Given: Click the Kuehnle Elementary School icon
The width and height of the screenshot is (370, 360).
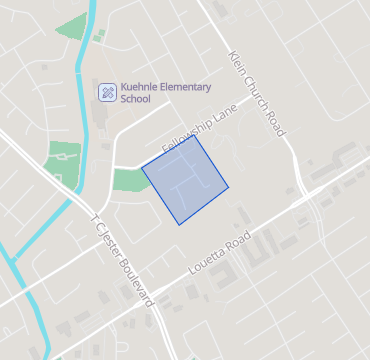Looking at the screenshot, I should tap(106, 92).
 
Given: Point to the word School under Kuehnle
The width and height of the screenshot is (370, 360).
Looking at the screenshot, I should tap(135, 99).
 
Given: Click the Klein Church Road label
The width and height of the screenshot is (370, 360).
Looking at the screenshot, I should tap(257, 93).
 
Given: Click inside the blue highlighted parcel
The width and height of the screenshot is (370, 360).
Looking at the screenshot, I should tap(186, 180).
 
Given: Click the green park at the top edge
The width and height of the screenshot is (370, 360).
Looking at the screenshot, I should tap(72, 26).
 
